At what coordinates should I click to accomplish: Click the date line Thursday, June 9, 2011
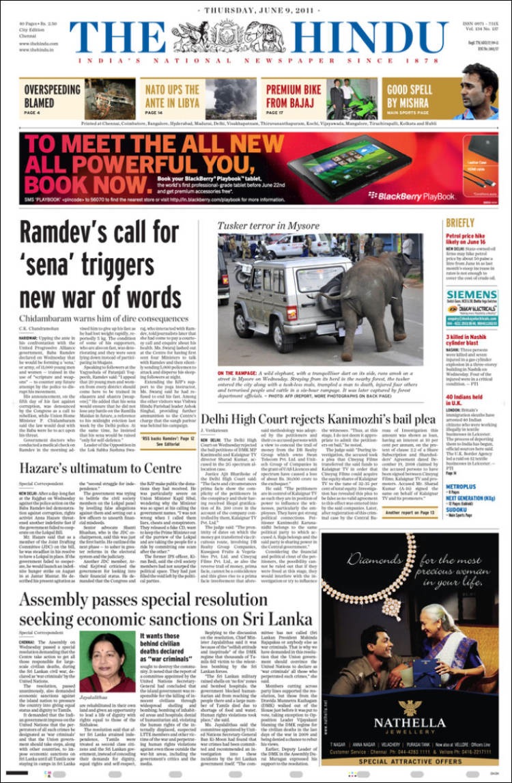pyautogui.click(x=256, y=11)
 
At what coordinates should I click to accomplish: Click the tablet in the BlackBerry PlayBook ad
pyautogui.click(x=348, y=165)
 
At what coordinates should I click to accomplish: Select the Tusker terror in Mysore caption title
pyautogui.click(x=268, y=225)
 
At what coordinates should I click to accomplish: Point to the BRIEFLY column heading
pyautogui.click(x=459, y=223)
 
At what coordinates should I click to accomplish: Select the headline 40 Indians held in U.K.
pyautogui.click(x=464, y=401)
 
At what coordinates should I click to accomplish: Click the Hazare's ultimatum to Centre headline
pyautogui.click(x=100, y=467)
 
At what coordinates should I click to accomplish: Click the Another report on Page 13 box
pyautogui.click(x=410, y=512)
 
